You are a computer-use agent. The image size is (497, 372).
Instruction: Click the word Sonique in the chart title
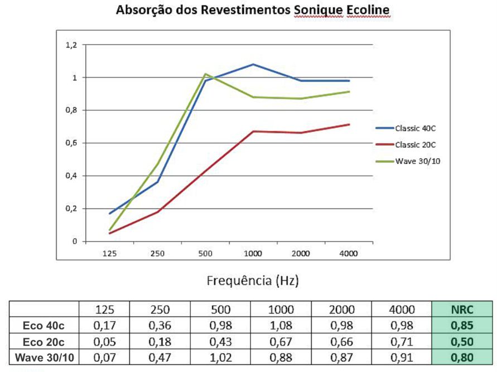pos(320,11)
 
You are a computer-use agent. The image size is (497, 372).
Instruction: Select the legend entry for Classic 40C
pos(415,128)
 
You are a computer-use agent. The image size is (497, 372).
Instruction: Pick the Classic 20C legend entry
pos(415,144)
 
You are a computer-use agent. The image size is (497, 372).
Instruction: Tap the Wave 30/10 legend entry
pos(415,161)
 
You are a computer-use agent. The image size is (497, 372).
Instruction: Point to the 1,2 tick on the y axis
pos(71,45)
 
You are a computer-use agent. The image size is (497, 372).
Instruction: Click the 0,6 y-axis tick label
pos(71,143)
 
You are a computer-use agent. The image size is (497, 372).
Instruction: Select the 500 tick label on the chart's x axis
pos(205,253)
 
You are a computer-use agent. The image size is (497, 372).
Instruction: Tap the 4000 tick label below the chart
pos(349,253)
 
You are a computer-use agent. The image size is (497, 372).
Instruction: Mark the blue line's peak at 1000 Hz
pos(253,64)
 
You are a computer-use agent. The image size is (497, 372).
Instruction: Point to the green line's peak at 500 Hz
pos(205,74)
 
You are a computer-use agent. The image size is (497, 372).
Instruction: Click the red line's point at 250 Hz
pos(157,212)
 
